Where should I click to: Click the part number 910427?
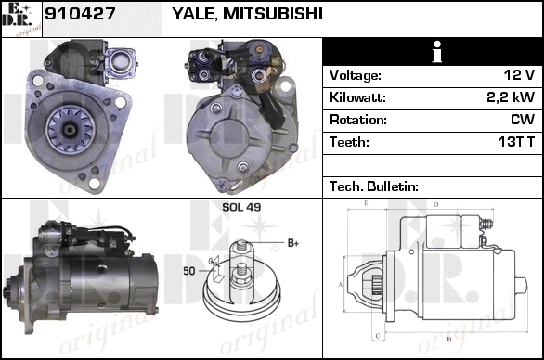tap(80, 14)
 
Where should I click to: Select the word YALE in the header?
tap(195, 14)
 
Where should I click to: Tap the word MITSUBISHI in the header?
tap(273, 14)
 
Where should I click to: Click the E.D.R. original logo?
tap(21, 19)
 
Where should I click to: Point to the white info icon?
tap(437, 52)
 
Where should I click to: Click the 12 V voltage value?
tap(519, 75)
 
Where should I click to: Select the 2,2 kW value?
tap(511, 97)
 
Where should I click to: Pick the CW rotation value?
tap(523, 120)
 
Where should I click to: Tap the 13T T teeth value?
tap(516, 142)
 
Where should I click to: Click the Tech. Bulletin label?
tap(374, 186)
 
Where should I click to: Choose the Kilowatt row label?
tap(357, 97)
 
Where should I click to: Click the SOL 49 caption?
tap(241, 207)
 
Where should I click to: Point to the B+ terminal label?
tap(293, 243)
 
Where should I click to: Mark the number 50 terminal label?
tap(189, 271)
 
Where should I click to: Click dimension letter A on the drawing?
tap(341, 285)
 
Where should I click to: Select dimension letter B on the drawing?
tap(449, 340)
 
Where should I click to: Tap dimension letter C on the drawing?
tap(378, 336)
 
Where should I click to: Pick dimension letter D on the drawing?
tap(436, 205)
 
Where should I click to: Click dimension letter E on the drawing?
tap(366, 203)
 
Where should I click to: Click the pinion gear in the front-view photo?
tap(71, 130)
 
